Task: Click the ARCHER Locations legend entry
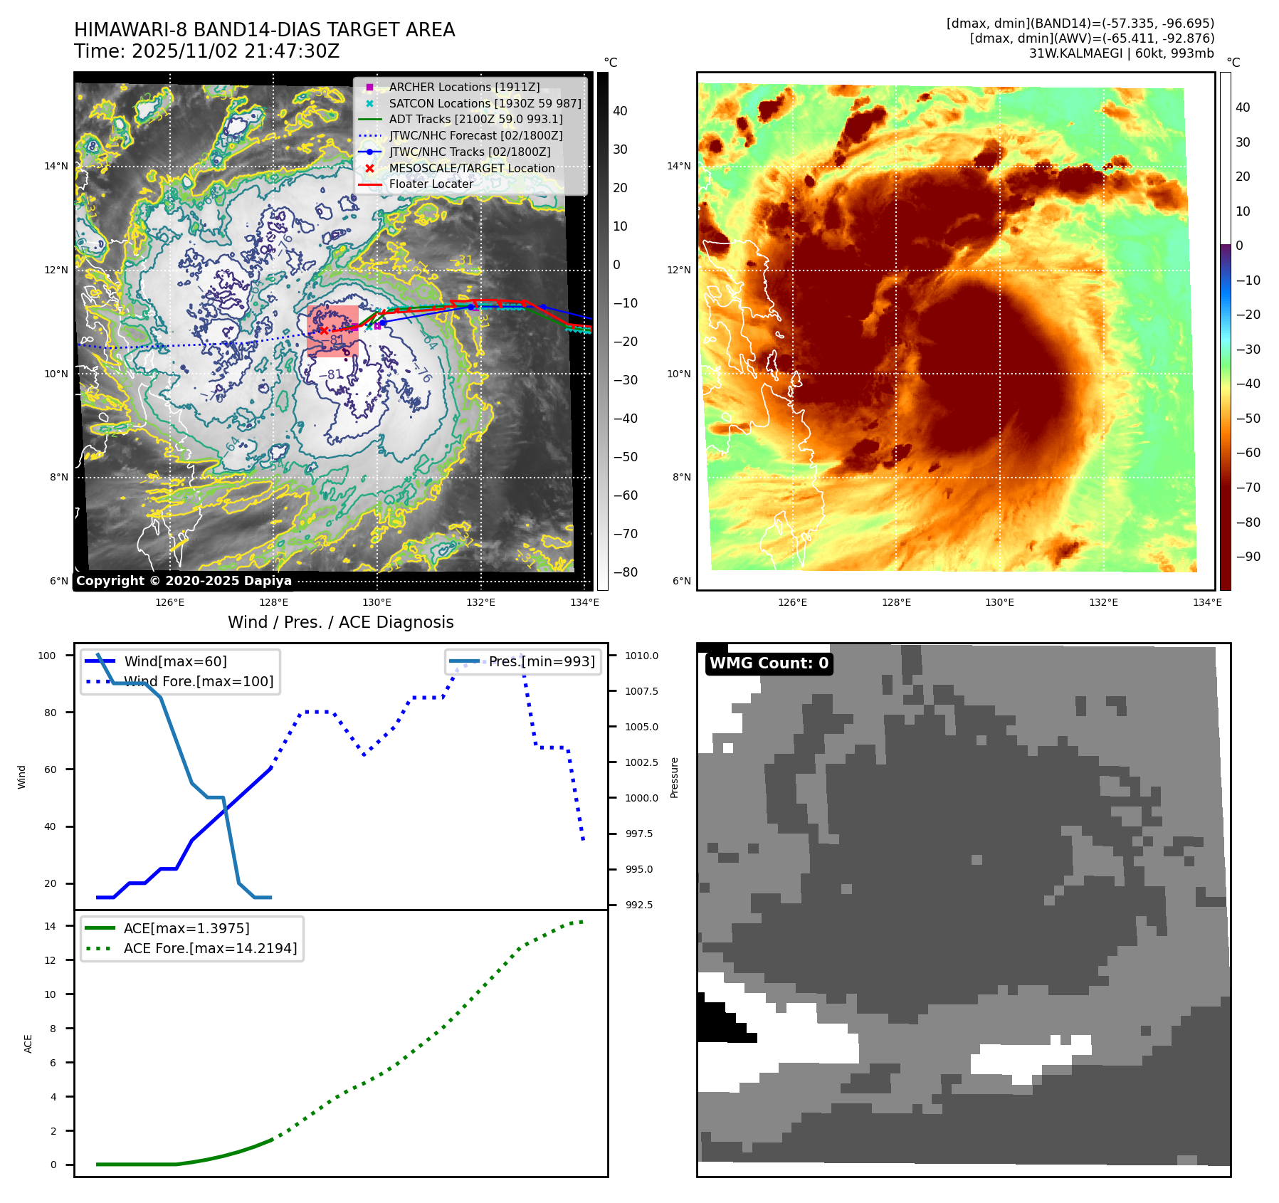coord(464,87)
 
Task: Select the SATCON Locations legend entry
coord(485,103)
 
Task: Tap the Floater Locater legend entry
coord(431,184)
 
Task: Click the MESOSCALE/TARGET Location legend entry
coord(471,168)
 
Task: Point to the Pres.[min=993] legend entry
coord(541,661)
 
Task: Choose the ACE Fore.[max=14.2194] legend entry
coord(210,948)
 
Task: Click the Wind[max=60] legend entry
coord(175,661)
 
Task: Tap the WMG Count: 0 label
coord(769,663)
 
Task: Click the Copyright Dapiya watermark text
coord(184,581)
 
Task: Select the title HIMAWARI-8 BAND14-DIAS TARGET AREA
coord(264,30)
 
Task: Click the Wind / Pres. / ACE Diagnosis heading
coord(340,622)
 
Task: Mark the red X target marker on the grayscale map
coord(324,330)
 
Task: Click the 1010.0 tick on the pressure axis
coord(641,656)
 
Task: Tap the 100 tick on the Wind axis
coord(47,656)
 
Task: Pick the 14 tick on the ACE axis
coord(50,926)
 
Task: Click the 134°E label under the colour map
coord(1207,602)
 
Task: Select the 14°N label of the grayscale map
coord(56,167)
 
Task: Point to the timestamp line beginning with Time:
coord(206,51)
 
